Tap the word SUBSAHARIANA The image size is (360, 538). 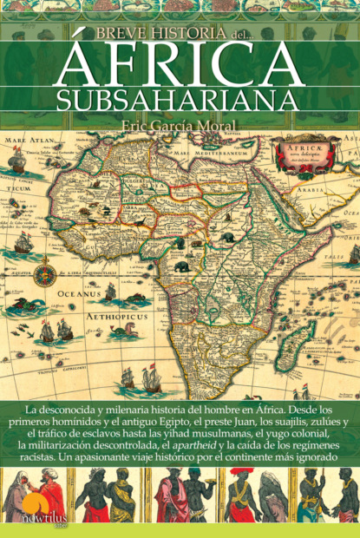tap(180, 97)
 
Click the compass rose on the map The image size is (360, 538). tap(45, 275)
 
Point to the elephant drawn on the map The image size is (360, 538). tap(184, 266)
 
